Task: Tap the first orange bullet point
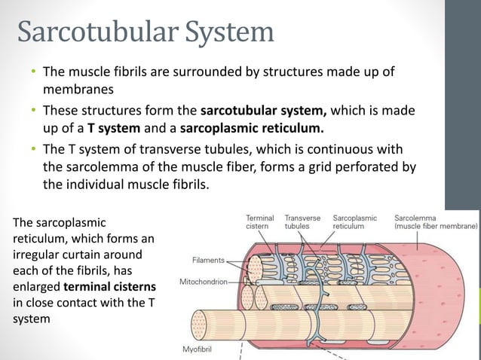33,73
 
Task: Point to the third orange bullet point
33,148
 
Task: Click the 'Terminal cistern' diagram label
259,221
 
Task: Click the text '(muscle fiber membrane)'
436,225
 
